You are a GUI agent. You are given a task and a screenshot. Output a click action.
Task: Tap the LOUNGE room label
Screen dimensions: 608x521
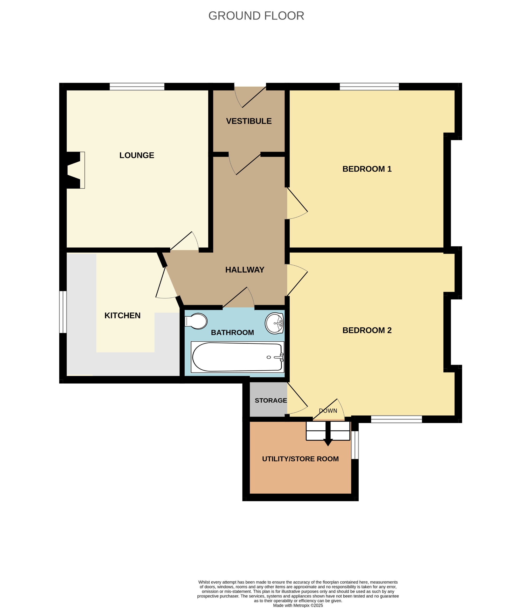(x=137, y=155)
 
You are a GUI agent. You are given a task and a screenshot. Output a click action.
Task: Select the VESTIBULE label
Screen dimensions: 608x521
(x=249, y=121)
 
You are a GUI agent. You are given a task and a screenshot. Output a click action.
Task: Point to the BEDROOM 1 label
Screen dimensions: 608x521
(x=367, y=169)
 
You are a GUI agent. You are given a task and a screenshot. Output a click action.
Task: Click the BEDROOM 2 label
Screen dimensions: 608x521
(x=367, y=330)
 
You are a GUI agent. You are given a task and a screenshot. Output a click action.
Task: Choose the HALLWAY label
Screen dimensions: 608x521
(x=244, y=270)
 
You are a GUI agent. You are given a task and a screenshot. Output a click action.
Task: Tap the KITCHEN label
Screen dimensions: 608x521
(x=122, y=315)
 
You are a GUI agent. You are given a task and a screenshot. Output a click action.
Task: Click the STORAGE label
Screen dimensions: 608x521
(x=271, y=401)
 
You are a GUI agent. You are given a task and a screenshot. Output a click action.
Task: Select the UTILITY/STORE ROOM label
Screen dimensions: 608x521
(x=300, y=459)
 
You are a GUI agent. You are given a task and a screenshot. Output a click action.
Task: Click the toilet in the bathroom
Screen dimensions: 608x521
(x=196, y=321)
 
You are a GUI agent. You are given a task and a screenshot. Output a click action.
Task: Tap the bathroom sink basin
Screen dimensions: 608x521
(x=274, y=323)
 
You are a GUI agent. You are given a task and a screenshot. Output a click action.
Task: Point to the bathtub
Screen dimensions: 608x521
(x=237, y=357)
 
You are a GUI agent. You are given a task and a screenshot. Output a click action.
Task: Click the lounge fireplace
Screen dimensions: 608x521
(x=75, y=170)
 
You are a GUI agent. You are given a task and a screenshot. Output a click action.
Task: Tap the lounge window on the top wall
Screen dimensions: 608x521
(x=137, y=87)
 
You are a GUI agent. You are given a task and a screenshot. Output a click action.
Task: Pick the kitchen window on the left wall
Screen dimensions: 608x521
(x=63, y=312)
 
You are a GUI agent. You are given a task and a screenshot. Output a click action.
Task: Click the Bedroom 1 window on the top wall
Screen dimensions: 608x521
(x=369, y=87)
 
